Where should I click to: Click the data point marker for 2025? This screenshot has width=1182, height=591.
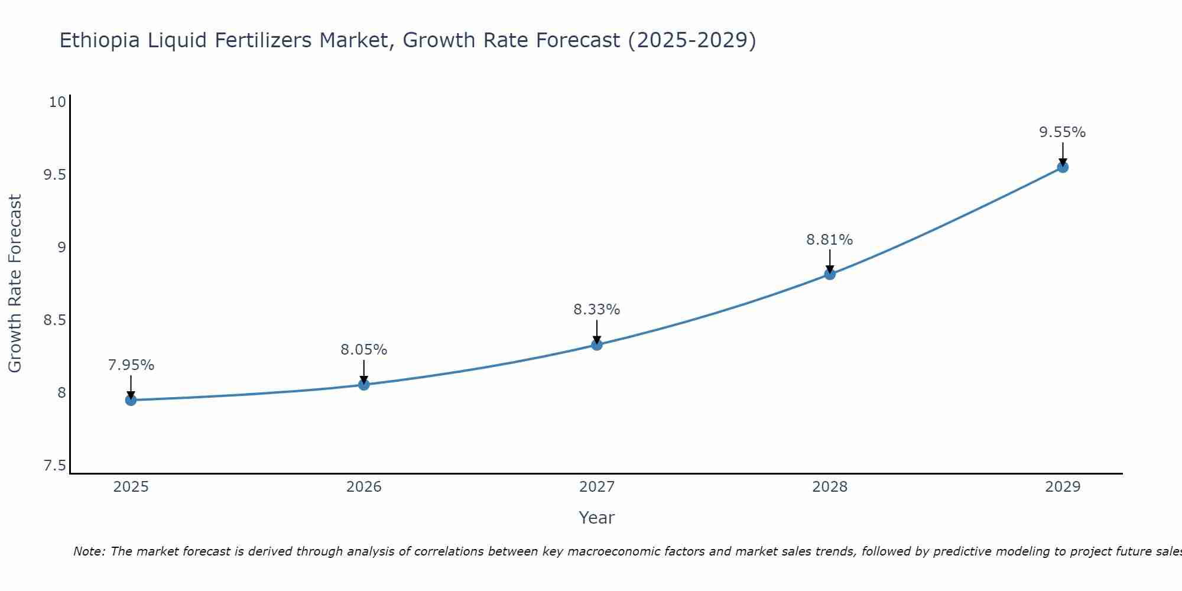pyautogui.click(x=131, y=400)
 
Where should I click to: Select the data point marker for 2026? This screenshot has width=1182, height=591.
pyautogui.click(x=364, y=385)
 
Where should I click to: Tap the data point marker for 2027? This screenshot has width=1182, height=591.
pyautogui.click(x=597, y=345)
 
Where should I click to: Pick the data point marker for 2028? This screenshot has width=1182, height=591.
pyautogui.click(x=830, y=274)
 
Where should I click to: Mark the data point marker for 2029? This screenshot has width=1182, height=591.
pyautogui.click(x=1063, y=167)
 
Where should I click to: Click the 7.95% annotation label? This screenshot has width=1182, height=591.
pyautogui.click(x=131, y=365)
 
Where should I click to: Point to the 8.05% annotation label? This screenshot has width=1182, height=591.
pyautogui.click(x=364, y=350)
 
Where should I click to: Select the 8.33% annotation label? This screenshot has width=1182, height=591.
pyautogui.click(x=597, y=310)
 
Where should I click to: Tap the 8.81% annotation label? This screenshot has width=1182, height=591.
pyautogui.click(x=830, y=240)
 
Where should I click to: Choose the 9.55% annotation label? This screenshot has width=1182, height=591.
pyautogui.click(x=1063, y=132)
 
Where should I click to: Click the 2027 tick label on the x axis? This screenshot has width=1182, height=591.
pyautogui.click(x=597, y=487)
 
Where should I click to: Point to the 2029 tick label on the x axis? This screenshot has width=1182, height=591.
pyautogui.click(x=1063, y=487)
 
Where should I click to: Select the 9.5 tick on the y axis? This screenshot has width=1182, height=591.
pyautogui.click(x=54, y=175)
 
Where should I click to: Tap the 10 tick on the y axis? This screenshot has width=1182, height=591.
pyautogui.click(x=57, y=102)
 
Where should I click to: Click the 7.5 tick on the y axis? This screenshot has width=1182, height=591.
pyautogui.click(x=54, y=466)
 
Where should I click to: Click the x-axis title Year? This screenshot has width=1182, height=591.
pyautogui.click(x=597, y=518)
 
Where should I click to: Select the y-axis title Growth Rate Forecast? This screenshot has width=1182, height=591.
pyautogui.click(x=15, y=284)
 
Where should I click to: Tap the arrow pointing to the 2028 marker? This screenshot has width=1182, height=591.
pyautogui.click(x=830, y=261)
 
